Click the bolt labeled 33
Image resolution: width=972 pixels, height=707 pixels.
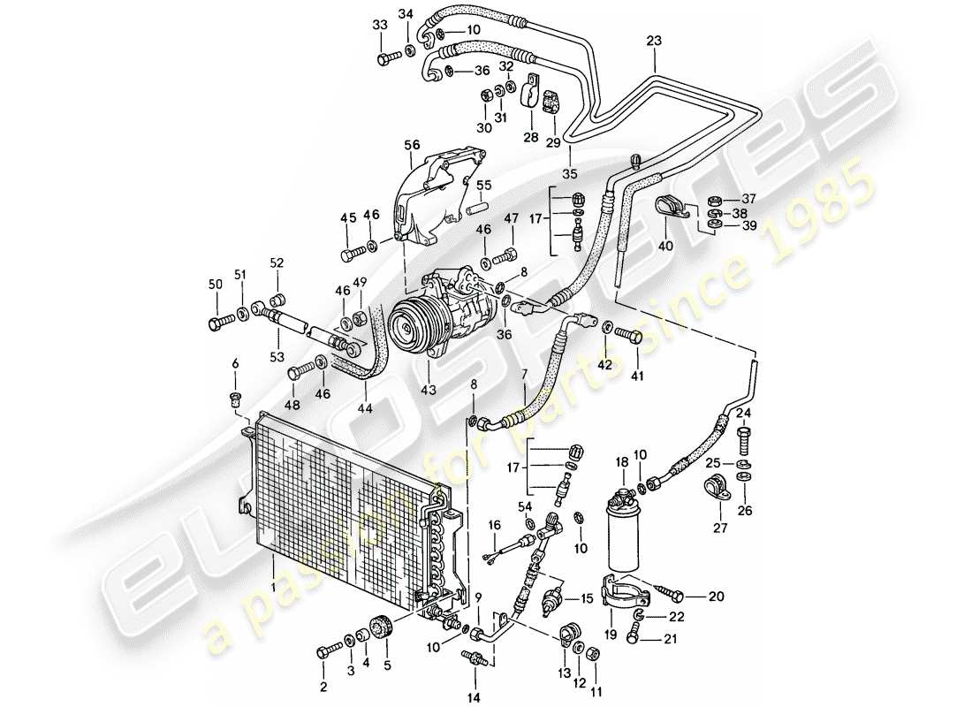[x=386, y=59]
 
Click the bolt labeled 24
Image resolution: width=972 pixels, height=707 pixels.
[x=743, y=434]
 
